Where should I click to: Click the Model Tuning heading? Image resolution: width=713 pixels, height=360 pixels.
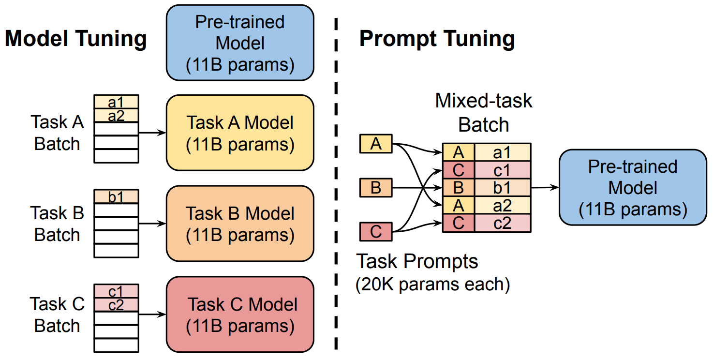coord(76,39)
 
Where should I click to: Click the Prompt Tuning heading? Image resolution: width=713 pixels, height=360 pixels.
coord(437,39)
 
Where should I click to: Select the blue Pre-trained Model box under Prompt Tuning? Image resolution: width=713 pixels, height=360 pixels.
coord(633,187)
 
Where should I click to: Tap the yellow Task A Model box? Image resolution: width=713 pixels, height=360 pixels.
coord(240,133)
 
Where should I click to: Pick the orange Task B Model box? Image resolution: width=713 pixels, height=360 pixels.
coord(240,224)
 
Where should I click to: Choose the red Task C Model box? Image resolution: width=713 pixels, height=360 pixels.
coord(240,315)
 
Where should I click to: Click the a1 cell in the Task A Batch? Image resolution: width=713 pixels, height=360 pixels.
coord(116,102)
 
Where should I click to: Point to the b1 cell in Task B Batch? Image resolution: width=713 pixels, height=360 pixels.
coord(116,196)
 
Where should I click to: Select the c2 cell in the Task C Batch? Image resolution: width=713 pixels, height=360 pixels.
coord(116,305)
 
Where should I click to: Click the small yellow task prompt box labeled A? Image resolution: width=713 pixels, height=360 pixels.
coord(376,144)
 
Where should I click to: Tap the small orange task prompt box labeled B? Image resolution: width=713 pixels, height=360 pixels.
coord(376,188)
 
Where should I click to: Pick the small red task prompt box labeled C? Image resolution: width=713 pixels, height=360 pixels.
coord(376,232)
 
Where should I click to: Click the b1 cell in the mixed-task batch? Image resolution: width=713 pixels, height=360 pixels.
coord(503,188)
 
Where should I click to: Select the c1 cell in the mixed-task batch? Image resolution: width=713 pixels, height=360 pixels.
coord(503,170)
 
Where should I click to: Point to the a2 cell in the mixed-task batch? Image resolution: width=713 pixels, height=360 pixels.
coord(503,206)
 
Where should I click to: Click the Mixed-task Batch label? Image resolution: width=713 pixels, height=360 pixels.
coord(483,112)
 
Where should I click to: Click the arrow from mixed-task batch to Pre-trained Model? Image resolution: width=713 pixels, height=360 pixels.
coord(545,188)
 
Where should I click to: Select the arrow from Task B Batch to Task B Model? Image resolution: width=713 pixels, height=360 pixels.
coord(152,224)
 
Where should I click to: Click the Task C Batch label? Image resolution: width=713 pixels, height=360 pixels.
coord(57,315)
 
